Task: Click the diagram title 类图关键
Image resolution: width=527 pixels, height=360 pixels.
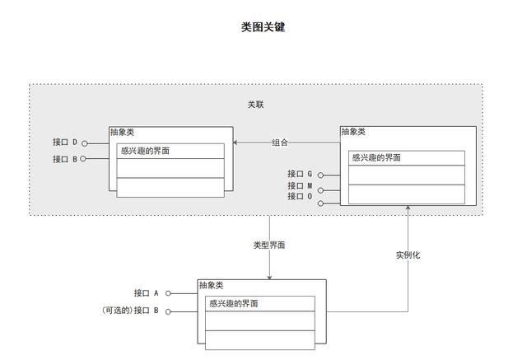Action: pos(263,27)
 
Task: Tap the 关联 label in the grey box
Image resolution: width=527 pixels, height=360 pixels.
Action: pos(256,105)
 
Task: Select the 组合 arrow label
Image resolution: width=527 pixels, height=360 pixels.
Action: pos(280,143)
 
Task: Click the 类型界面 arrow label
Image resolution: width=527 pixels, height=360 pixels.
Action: pos(269,245)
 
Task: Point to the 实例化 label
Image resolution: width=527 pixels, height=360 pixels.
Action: pos(408,255)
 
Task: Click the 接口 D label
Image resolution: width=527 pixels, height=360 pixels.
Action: pos(65,143)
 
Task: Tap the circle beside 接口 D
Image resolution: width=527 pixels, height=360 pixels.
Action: pos(85,143)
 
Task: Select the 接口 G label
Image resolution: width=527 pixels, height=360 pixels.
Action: pos(300,174)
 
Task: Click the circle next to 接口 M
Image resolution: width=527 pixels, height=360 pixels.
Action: pos(320,190)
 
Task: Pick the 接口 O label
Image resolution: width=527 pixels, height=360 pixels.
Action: pos(300,196)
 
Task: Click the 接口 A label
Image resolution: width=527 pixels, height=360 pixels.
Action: pos(147,293)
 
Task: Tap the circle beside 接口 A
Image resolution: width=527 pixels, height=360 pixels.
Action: pos(168,293)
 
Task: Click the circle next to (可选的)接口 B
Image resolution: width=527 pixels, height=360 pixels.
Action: pos(168,312)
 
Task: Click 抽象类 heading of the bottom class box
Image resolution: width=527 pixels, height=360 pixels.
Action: pos(212,285)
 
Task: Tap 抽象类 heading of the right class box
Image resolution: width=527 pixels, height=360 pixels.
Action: pos(353,132)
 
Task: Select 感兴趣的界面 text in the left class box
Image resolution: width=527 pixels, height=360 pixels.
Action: pos(145,151)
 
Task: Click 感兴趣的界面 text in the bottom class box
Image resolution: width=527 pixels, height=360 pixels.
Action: pos(234,303)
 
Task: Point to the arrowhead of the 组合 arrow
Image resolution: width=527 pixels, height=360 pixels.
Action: pos(236,143)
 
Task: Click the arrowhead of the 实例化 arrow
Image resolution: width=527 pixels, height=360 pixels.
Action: pos(408,208)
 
